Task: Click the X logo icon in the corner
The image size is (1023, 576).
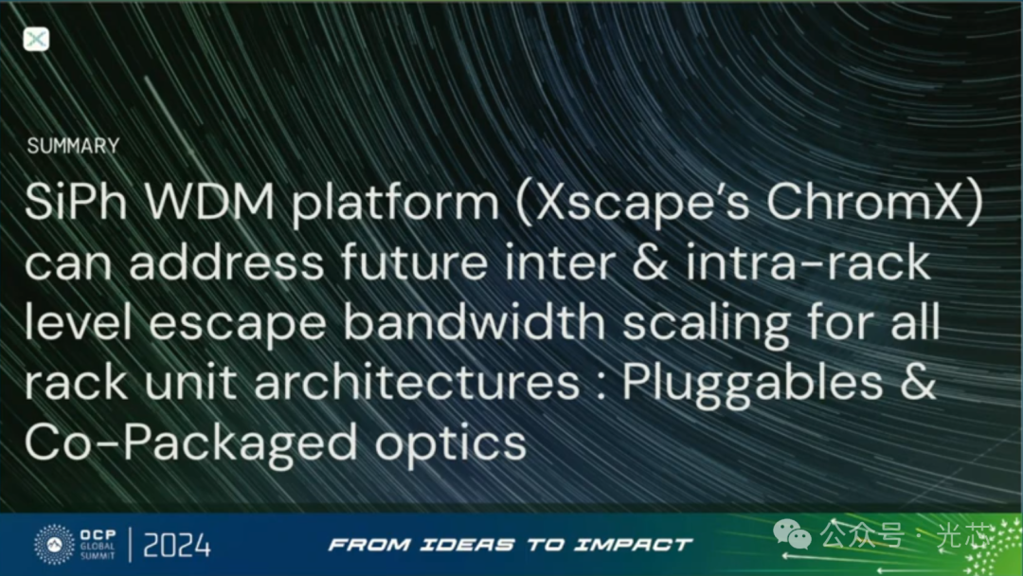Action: pyautogui.click(x=36, y=39)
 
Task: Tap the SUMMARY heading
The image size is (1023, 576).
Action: pyautogui.click(x=73, y=146)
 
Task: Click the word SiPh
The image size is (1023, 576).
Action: pyautogui.click(x=76, y=202)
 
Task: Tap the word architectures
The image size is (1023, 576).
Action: pyautogui.click(x=417, y=382)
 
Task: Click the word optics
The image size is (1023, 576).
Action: pyautogui.click(x=451, y=443)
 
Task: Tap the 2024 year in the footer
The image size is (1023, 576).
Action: pyautogui.click(x=177, y=545)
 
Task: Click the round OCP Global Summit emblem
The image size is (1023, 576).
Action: pyautogui.click(x=54, y=544)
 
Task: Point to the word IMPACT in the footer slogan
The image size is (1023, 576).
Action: pyautogui.click(x=632, y=545)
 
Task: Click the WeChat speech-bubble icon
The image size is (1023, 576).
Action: pyautogui.click(x=792, y=535)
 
